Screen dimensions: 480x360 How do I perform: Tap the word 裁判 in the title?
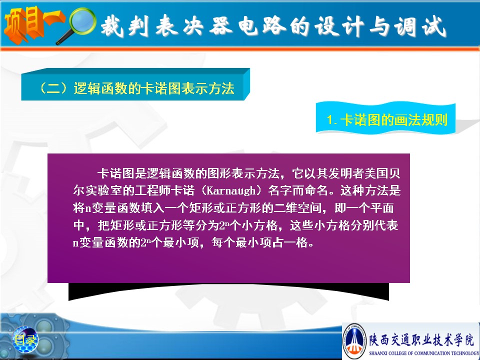[126, 26]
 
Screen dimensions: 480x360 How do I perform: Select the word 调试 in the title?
[420, 26]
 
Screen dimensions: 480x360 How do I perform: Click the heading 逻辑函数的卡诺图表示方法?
[154, 88]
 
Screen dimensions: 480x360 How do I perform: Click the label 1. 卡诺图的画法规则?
[387, 119]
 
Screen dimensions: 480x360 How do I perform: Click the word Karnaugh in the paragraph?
[231, 190]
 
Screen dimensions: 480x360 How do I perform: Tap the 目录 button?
[25, 340]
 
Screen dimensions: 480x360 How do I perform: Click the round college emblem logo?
[354, 341]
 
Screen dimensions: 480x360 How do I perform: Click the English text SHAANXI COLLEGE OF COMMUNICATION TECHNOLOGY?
[424, 353]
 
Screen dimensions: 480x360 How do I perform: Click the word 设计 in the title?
[340, 26]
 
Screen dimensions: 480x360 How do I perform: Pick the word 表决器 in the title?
[194, 26]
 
